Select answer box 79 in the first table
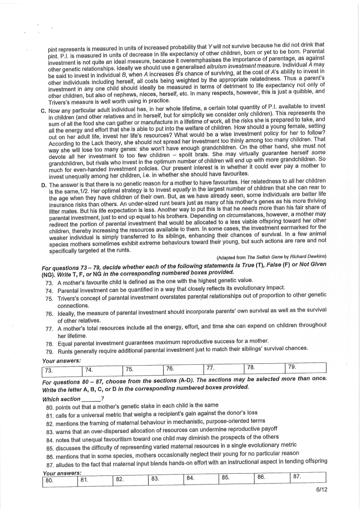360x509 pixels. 306,369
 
